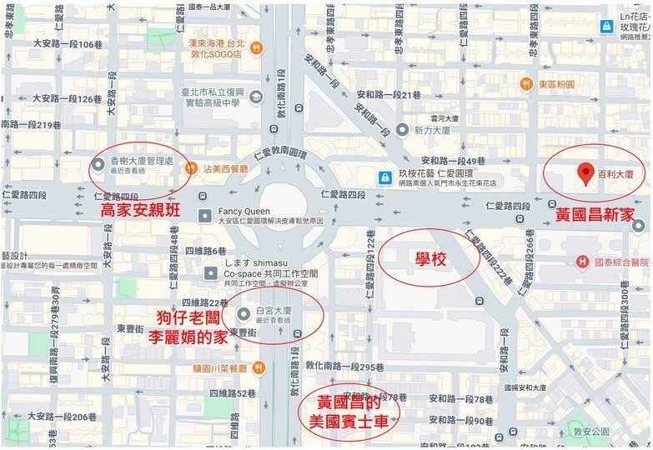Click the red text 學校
tap(429, 260)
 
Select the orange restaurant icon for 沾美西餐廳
tap(189, 166)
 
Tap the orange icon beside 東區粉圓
tap(526, 83)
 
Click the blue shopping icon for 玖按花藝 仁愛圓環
tap(384, 177)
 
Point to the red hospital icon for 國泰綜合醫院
tap(583, 262)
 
